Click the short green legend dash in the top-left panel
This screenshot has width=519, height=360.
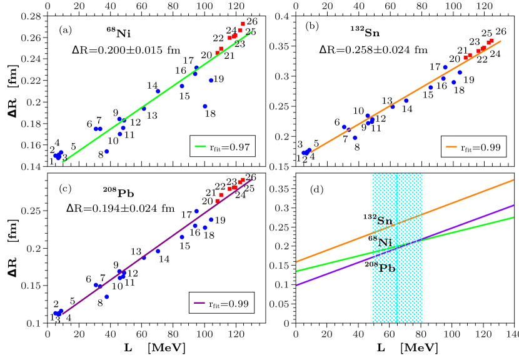200,146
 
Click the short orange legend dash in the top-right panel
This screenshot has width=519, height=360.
451,147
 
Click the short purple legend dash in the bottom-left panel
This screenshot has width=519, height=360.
199,302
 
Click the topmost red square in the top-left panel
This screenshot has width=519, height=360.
243,24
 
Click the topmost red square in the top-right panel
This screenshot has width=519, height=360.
491,41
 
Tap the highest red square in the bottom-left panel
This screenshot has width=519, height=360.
243,180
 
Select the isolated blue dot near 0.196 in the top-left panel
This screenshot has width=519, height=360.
204,106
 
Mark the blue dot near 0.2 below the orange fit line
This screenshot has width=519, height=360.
355,137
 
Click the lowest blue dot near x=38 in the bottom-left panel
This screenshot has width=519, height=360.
107,297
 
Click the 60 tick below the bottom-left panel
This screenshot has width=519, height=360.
142,334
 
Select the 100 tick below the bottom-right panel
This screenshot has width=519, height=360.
451,334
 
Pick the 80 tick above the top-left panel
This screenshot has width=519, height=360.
173,6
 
